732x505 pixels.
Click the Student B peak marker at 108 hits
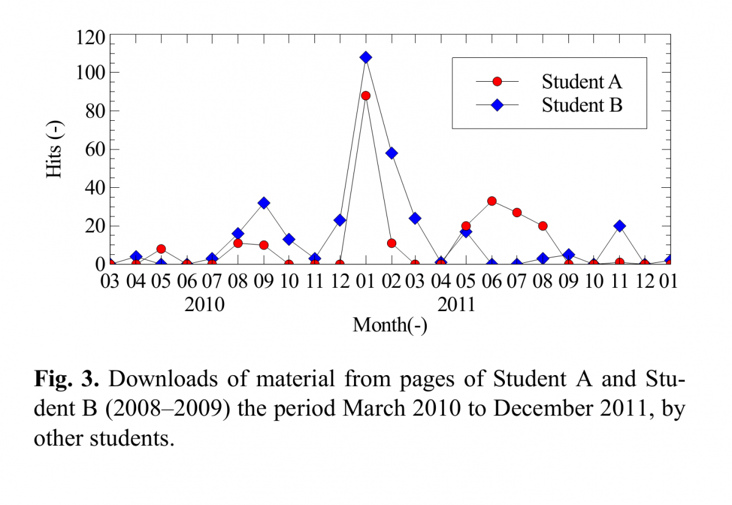366,57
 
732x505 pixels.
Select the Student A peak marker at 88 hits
366,96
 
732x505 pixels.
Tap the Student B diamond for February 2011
391,153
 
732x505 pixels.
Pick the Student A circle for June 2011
492,201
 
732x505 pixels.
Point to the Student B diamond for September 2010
264,202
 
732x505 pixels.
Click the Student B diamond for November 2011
620,226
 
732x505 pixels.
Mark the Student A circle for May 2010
161,249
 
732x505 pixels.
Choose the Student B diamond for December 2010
340,220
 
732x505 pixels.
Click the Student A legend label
582,82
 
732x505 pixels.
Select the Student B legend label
582,105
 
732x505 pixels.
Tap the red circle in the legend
497,82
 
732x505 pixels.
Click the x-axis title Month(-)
390,325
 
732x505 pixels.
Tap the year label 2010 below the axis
205,304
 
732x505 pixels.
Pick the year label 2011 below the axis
457,304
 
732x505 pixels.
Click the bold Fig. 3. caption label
66,379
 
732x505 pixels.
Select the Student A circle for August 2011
543,226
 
